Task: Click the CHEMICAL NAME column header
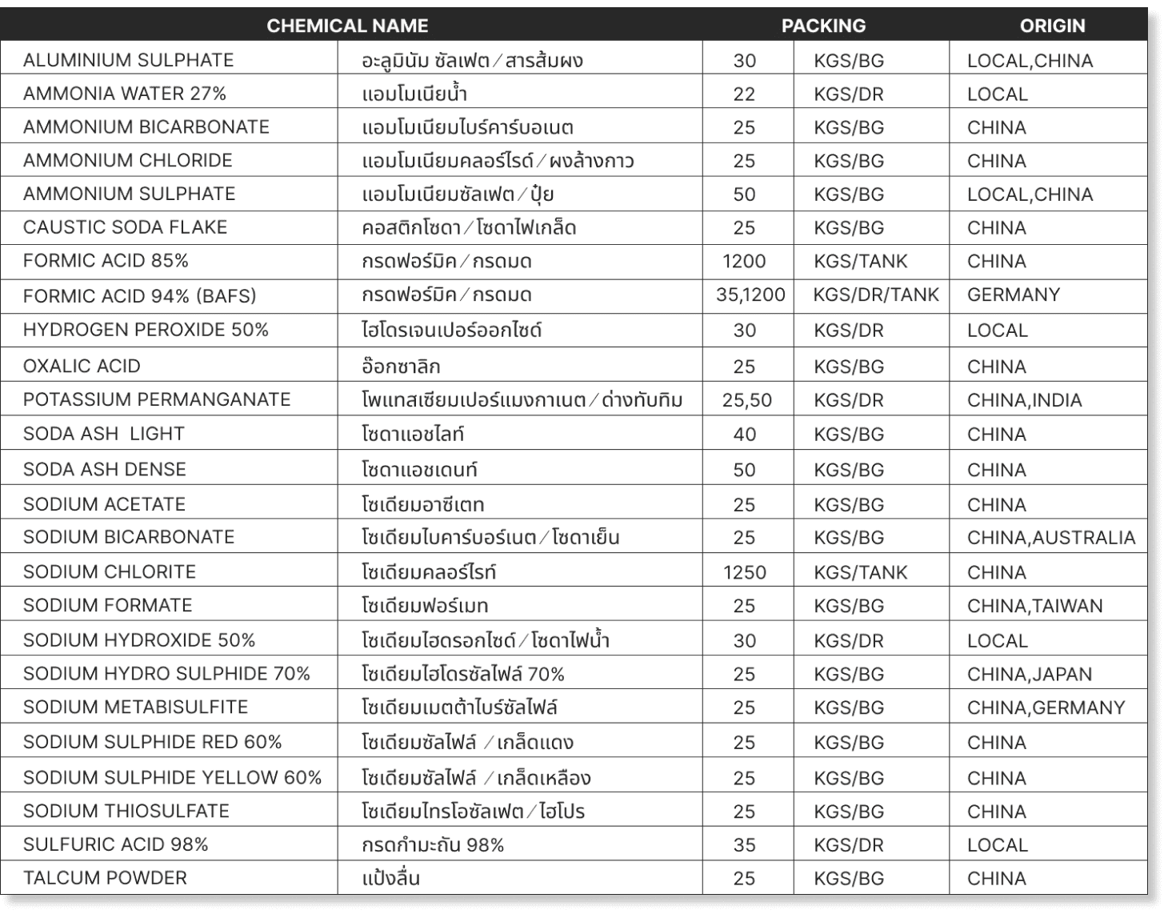(347, 26)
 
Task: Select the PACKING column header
(823, 26)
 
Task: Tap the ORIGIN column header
(1052, 26)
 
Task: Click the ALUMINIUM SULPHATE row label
(128, 60)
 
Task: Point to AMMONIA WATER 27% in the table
(125, 94)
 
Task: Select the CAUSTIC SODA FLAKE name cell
(125, 227)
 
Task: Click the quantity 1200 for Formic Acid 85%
(744, 261)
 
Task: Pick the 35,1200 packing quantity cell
(750, 295)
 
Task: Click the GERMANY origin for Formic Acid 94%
(1014, 295)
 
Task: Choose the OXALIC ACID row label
(82, 366)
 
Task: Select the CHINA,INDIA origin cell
(1024, 400)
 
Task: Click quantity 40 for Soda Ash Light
(744, 435)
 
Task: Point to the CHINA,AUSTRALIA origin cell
(1051, 538)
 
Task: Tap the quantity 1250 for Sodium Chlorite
(744, 572)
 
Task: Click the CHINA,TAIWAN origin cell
(1034, 606)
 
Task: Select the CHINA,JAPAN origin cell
(1029, 674)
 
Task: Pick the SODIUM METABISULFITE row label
(135, 708)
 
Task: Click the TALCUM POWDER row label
(105, 878)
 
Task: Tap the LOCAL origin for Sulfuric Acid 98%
(997, 844)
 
